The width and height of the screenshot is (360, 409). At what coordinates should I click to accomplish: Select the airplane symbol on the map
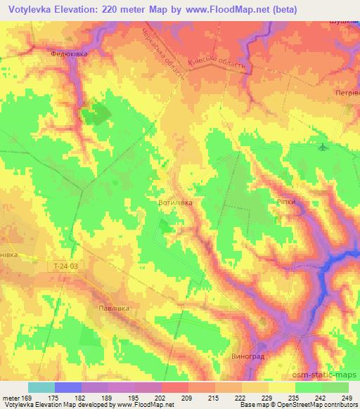point(322,147)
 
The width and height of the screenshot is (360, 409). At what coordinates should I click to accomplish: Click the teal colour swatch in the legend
point(41,387)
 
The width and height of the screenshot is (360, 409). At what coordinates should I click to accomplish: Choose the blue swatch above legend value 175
point(68,387)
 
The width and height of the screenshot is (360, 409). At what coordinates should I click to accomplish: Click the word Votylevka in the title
point(31,10)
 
